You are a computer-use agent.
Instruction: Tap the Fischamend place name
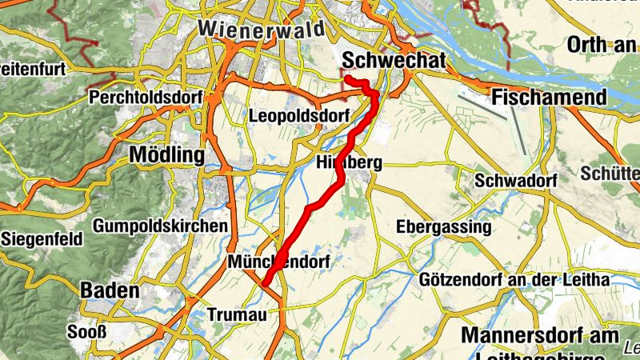pos(550,98)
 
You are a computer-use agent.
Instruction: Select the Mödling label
pos(166,154)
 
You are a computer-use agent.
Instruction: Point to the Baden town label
pos(110,290)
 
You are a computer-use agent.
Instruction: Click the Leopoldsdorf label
pos(299,116)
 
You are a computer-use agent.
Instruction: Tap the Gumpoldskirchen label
pos(160,226)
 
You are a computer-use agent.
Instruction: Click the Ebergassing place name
pos(444,227)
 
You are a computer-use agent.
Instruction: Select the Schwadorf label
pos(515,181)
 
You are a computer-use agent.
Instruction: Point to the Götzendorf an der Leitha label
pos(514,280)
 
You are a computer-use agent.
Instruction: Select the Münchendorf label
pos(278,262)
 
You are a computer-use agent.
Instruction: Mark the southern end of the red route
pos(264,282)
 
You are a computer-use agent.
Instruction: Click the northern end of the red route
pos(346,78)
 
